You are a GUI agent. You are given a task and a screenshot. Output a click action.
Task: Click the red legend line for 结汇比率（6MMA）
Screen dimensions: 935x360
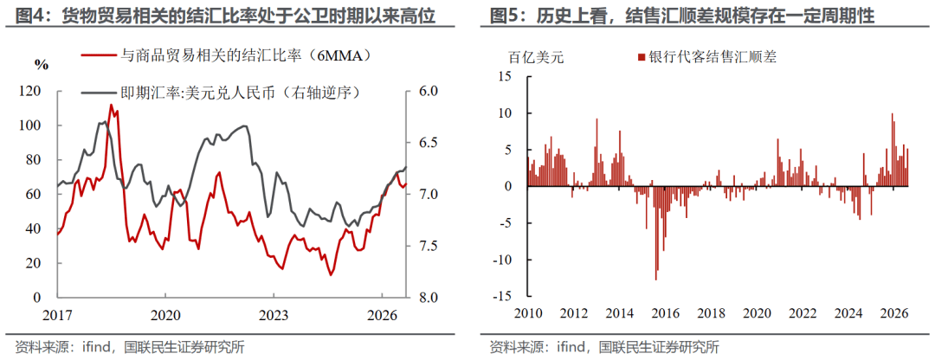[x=98, y=55]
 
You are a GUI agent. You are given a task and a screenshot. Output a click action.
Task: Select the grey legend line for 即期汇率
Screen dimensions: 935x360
[x=98, y=93]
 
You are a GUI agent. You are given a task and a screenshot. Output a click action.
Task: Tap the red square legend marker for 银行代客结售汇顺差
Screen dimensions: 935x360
[x=642, y=57]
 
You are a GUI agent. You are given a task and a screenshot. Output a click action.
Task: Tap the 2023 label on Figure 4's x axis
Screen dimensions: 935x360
[x=274, y=313]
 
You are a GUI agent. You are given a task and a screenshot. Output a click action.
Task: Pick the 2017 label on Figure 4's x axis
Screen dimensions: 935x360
[x=58, y=313]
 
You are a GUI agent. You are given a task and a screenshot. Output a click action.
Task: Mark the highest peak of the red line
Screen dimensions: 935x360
[x=110, y=105]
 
